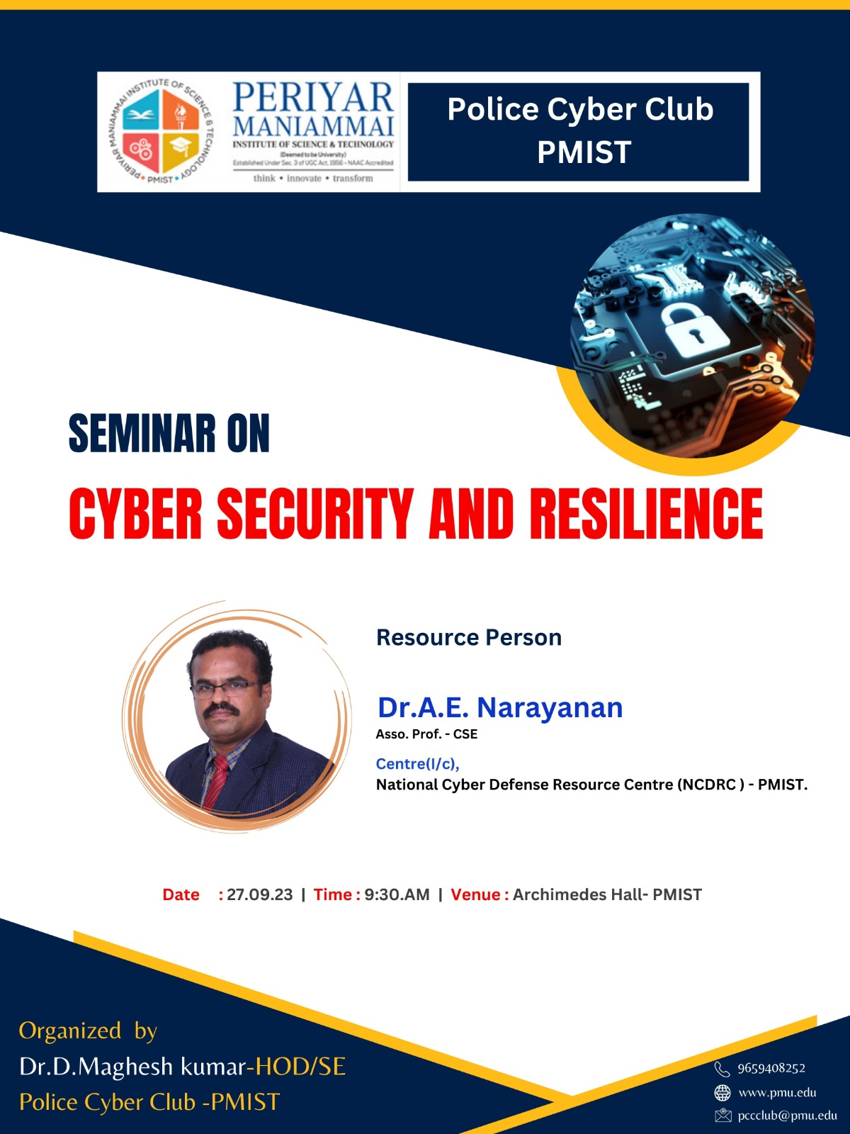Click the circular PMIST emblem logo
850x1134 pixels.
(x=162, y=131)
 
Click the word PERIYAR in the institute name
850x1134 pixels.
(x=313, y=98)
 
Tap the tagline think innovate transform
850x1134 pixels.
(x=313, y=178)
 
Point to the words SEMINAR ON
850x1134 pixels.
(x=169, y=434)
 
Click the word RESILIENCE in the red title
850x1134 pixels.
(x=646, y=514)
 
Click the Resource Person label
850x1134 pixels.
(x=469, y=637)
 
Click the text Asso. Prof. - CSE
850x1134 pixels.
(x=427, y=734)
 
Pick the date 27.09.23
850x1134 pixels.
(x=259, y=894)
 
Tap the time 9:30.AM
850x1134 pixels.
(x=397, y=894)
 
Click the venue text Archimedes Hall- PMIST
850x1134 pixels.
(x=607, y=894)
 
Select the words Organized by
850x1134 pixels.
(x=89, y=1031)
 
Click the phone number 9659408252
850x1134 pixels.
(x=771, y=1068)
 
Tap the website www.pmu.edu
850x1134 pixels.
(x=777, y=1093)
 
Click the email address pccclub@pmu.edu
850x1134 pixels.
(x=788, y=1116)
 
